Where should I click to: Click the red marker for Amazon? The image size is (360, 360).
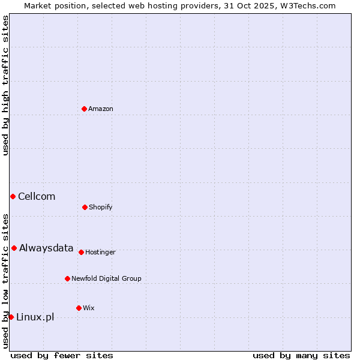[84, 109]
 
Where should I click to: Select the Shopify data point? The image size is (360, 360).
[85, 207]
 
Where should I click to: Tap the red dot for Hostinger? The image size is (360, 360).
[81, 252]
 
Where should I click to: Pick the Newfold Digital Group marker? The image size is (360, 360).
[67, 278]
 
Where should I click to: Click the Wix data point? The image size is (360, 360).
[79, 308]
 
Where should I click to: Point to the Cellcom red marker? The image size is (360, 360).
[13, 196]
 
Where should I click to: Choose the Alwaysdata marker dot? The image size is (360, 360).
[14, 248]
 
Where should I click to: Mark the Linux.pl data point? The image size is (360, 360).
[11, 317]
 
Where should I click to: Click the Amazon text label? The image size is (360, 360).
[101, 109]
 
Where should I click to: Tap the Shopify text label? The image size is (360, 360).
[101, 207]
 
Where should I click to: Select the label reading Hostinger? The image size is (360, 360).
[100, 252]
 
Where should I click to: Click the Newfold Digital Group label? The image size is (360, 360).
[106, 278]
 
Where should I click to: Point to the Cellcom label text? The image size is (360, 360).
[37, 196]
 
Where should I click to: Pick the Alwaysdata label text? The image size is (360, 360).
[46, 248]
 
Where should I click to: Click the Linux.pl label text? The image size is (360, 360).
[35, 317]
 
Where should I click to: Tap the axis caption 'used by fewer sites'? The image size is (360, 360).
[62, 355]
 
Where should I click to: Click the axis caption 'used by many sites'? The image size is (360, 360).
[301, 355]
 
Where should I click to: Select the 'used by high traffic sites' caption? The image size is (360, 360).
[5, 85]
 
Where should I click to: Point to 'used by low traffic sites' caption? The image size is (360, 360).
[5, 280]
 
